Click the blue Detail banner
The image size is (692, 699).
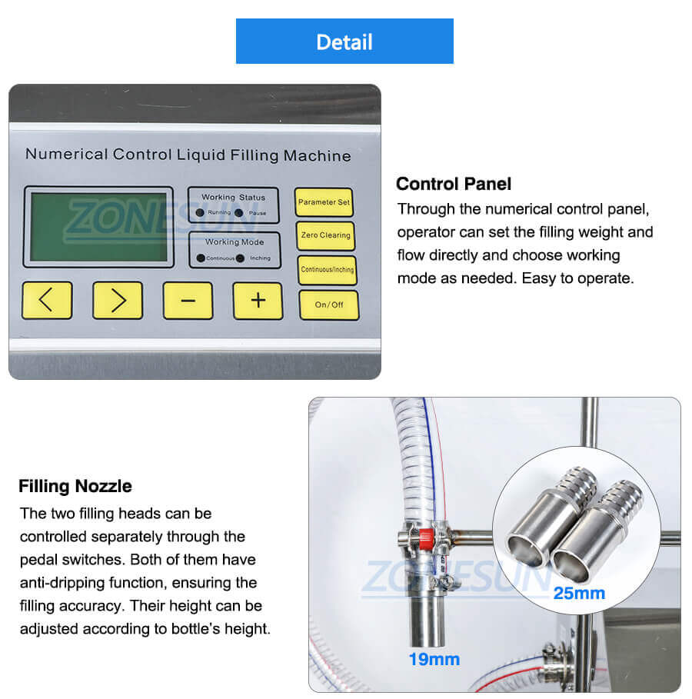(344, 42)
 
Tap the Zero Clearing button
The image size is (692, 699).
(324, 236)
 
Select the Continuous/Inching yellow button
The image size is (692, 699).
(328, 270)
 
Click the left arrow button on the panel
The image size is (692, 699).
(47, 300)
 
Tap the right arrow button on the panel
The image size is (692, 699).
(118, 300)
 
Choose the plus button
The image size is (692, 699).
(258, 300)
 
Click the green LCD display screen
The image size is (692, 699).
(98, 227)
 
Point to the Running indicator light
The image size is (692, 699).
(200, 212)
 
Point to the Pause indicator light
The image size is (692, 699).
(239, 212)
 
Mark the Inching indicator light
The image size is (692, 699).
(241, 258)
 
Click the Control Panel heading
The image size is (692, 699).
(454, 184)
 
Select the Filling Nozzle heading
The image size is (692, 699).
(75, 486)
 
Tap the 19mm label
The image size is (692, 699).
(434, 659)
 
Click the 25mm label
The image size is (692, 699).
(579, 593)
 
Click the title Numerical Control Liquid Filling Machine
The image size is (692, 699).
(188, 155)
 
